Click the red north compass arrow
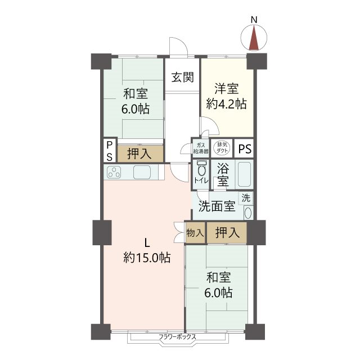click(254, 39)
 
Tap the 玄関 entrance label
click(183, 77)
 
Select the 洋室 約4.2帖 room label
click(226, 96)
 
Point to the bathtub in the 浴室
click(244, 174)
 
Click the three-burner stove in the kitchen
click(114, 172)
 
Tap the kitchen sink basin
click(142, 172)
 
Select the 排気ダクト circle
click(222, 147)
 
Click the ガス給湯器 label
click(201, 148)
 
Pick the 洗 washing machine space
click(246, 198)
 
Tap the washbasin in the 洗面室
click(248, 213)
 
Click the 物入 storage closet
click(195, 233)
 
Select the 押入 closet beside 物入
click(227, 232)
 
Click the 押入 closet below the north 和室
click(140, 154)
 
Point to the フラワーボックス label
click(178, 337)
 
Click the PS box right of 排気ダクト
click(244, 148)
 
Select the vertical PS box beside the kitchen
click(110, 150)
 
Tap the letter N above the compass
click(254, 20)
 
